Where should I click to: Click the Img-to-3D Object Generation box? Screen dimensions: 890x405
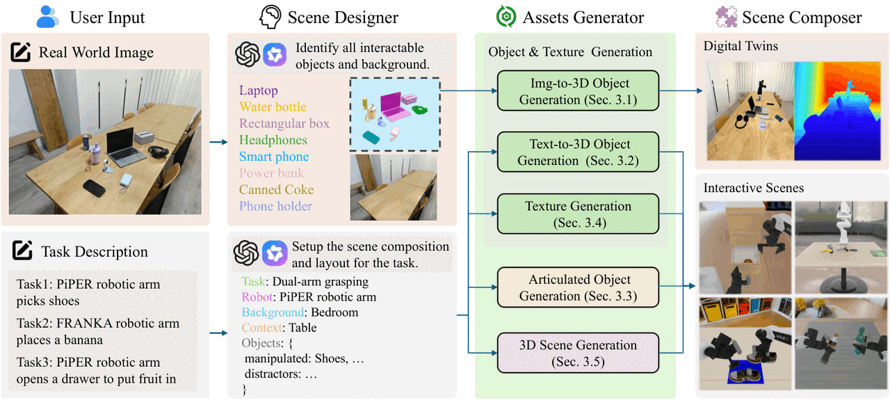[578, 90]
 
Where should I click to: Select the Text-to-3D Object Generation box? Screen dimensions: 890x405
[578, 152]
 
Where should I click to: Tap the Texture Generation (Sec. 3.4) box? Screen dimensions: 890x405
[578, 214]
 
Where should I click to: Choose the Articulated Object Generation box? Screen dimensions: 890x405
[578, 287]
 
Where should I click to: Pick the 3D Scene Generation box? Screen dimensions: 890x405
[578, 353]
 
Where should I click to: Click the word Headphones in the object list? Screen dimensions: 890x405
[273, 140]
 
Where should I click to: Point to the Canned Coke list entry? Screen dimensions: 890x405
[276, 189]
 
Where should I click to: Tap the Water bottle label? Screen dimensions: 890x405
[273, 106]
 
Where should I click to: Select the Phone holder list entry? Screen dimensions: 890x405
[275, 206]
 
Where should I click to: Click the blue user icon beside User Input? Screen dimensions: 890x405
[47, 17]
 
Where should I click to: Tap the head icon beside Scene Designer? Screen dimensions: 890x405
[270, 17]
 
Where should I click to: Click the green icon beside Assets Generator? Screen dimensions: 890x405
[506, 17]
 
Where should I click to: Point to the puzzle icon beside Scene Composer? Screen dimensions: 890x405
[727, 17]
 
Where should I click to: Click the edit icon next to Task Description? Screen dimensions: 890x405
[22, 251]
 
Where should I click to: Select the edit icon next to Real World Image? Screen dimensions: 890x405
[21, 51]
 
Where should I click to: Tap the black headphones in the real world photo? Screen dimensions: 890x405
[159, 152]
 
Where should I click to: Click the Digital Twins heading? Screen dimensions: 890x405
[741, 46]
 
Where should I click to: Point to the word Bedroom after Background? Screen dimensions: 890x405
[334, 312]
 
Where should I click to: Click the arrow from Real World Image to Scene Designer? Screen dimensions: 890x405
[218, 142]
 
